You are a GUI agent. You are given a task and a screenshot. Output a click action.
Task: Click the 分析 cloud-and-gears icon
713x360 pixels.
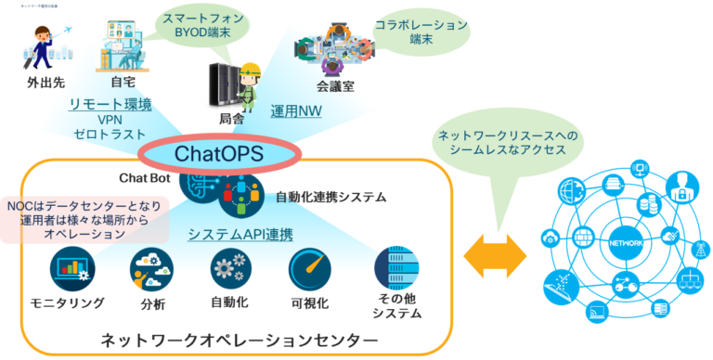(151, 269)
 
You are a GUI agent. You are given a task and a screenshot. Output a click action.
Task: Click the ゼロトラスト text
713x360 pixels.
(110, 135)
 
